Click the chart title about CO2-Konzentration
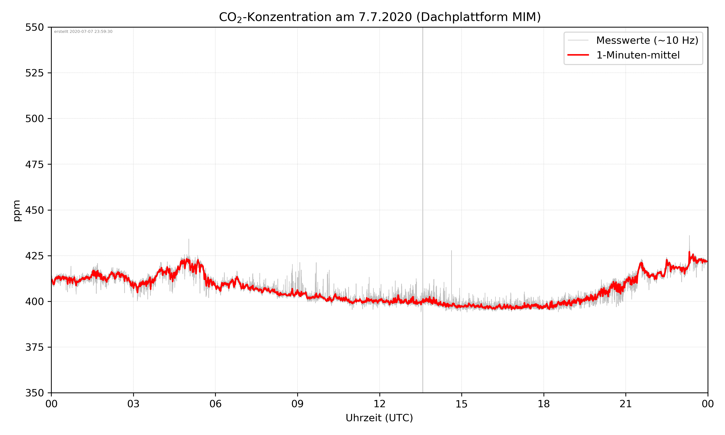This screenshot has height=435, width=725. point(379,17)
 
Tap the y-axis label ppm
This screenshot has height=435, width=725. point(17,210)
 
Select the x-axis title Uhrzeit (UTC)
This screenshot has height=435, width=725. point(379,418)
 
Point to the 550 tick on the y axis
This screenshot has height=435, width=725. point(34,28)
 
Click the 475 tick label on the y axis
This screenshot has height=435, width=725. point(34,164)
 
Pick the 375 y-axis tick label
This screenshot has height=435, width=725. point(34,347)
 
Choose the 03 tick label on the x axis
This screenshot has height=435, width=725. point(133,404)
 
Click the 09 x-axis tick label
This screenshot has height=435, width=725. point(297,404)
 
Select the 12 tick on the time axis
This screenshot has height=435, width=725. point(379,404)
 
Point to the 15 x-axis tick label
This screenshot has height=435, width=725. point(462,404)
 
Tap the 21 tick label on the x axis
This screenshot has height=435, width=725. point(626,404)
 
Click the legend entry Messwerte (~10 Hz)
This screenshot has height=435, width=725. point(647,40)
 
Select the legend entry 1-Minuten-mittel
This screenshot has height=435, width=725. point(638,55)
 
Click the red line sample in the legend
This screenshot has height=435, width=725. point(578,55)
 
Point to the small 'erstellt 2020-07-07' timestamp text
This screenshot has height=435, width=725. point(83,32)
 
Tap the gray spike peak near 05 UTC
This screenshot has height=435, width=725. point(189,239)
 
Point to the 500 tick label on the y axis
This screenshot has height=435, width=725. point(34,119)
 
